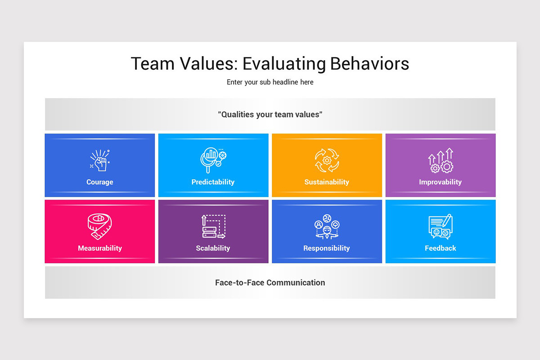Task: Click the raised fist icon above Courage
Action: tap(100, 161)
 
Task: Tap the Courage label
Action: tap(100, 182)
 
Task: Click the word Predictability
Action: tap(213, 182)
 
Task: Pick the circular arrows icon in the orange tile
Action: tap(327, 161)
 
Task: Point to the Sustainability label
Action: tap(327, 182)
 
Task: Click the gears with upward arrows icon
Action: tap(441, 161)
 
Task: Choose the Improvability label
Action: tap(440, 182)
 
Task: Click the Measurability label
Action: tap(100, 248)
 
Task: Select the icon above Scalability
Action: tap(213, 226)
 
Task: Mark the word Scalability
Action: tap(213, 248)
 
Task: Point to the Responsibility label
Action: tap(327, 248)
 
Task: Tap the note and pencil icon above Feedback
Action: tap(440, 226)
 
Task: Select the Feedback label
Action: tap(440, 248)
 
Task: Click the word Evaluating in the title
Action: tap(283, 64)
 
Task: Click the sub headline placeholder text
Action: tap(270, 82)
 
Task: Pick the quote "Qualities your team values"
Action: tap(270, 114)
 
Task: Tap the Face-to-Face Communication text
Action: tap(270, 283)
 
